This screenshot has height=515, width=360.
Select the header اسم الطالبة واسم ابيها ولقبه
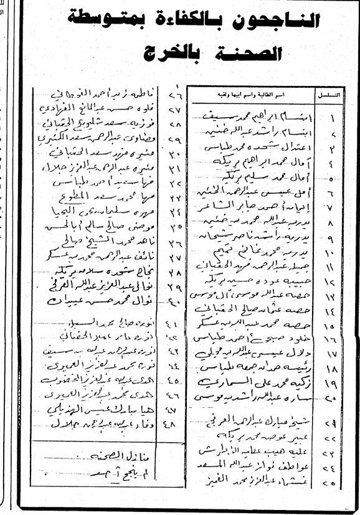(x=252, y=94)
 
